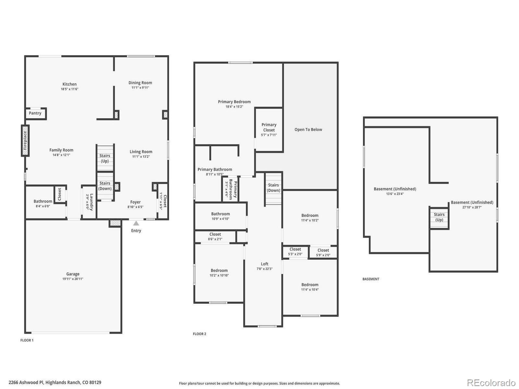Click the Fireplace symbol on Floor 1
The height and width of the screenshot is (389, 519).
(x=25, y=140)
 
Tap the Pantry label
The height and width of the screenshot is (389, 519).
(x=35, y=113)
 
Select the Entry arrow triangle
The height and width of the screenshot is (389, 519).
(x=136, y=223)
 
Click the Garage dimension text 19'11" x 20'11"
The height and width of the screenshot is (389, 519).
(x=73, y=279)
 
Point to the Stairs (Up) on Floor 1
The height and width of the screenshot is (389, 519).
(x=105, y=158)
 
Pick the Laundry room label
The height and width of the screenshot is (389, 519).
(x=91, y=202)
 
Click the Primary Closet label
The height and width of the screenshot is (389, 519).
(x=269, y=127)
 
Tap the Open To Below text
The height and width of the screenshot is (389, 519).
(x=308, y=129)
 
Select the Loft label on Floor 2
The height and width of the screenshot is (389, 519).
(x=264, y=264)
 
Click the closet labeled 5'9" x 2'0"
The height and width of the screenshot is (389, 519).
(x=323, y=252)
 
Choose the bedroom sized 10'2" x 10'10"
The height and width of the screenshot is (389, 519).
(x=219, y=273)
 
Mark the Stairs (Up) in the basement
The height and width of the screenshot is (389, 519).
(x=439, y=217)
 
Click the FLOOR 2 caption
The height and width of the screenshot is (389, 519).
(x=199, y=334)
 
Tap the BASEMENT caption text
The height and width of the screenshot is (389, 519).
(x=371, y=279)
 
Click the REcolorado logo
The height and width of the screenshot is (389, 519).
(x=491, y=383)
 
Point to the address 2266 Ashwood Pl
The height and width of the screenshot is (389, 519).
(x=55, y=383)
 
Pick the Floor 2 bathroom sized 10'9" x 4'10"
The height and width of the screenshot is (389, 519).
(x=220, y=216)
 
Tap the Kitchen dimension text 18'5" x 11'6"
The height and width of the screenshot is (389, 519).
(x=69, y=89)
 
